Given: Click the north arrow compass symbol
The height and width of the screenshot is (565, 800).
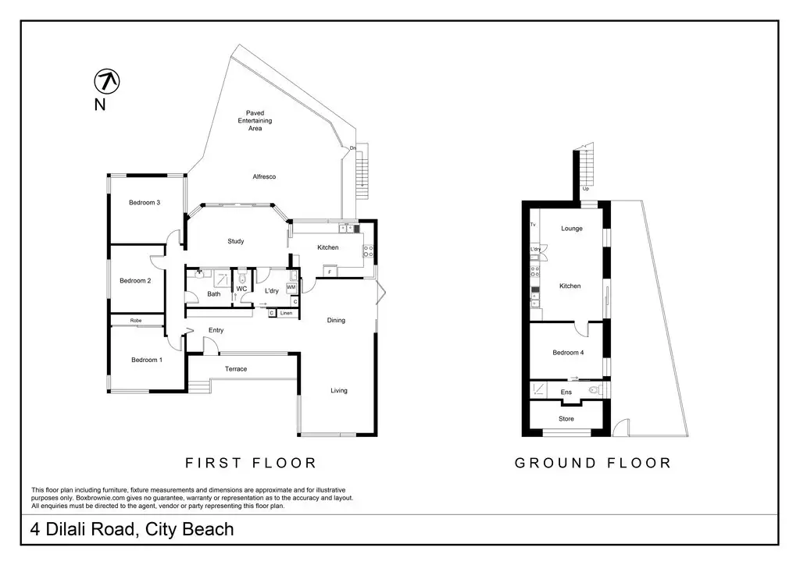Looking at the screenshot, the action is [107, 81].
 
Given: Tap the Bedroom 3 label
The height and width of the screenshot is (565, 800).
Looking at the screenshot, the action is [145, 202].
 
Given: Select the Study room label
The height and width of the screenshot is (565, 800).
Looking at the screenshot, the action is [236, 241].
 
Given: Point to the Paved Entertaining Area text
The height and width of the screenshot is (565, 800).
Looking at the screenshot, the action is [255, 120].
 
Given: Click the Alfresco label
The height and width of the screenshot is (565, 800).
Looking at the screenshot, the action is [264, 176].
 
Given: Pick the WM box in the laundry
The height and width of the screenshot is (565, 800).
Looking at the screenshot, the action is [291, 287].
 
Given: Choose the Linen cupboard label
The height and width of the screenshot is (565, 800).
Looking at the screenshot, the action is [286, 313].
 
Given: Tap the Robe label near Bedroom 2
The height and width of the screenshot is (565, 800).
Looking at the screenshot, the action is [136, 321].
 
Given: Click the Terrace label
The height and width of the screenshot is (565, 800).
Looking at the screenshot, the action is [236, 369].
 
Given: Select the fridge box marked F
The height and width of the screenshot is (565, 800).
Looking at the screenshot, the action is [330, 272].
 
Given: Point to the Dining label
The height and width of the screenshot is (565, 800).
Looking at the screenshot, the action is [336, 320].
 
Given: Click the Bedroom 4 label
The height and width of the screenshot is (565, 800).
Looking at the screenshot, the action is [568, 352].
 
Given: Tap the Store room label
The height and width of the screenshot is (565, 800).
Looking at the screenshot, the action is [566, 418].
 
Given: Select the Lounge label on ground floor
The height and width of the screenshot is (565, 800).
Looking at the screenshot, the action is [572, 228].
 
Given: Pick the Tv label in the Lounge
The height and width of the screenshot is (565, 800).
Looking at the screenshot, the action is [533, 224].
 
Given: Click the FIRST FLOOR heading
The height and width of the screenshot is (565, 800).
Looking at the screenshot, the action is [251, 463].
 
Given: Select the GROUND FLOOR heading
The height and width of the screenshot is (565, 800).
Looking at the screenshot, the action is [593, 463].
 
